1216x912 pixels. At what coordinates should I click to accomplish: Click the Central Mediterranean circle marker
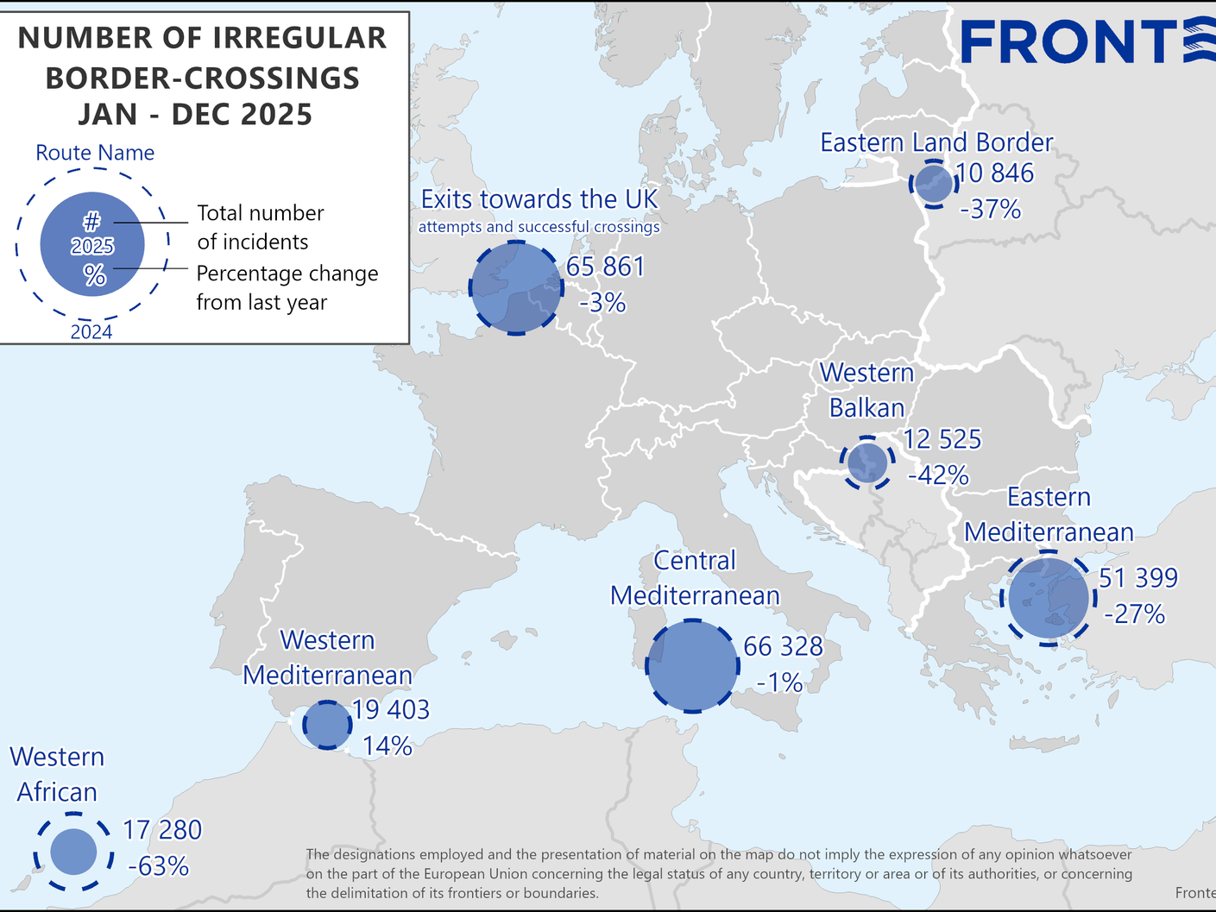[x=693, y=666]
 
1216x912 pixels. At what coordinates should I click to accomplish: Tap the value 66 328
[x=783, y=646]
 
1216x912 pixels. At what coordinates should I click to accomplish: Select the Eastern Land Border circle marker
[x=933, y=183]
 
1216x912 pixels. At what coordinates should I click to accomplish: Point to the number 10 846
[x=995, y=173]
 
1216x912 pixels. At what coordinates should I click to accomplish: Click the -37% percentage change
[x=991, y=209]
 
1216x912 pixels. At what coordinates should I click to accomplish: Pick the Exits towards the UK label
[x=539, y=199]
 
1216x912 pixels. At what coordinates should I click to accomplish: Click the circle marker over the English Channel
[x=515, y=288]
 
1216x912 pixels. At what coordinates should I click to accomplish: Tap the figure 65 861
[x=606, y=267]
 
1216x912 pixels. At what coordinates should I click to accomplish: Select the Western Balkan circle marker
[x=867, y=463]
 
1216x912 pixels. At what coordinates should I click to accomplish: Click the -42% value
[x=938, y=475]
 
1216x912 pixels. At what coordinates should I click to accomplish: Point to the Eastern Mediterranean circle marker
[x=1049, y=598]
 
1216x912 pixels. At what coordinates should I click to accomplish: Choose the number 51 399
[x=1137, y=578]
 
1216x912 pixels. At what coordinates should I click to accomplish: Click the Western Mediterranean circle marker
[x=327, y=725]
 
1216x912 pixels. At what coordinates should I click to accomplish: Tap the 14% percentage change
[x=387, y=745]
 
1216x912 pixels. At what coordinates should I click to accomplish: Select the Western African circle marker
[x=73, y=851]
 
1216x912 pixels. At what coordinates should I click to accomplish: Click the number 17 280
[x=162, y=830]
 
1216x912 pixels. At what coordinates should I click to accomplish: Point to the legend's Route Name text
[x=95, y=153]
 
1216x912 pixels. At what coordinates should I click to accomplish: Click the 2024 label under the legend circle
[x=91, y=332]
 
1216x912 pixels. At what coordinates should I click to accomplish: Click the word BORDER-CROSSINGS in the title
[x=203, y=79]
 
